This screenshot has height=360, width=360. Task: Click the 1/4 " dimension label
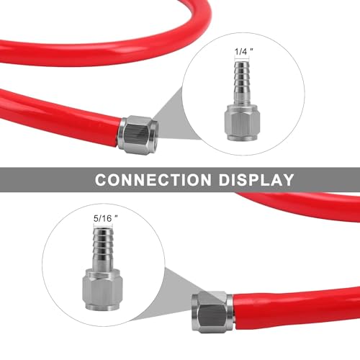[243, 52]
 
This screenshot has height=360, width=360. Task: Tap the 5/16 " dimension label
[106, 218]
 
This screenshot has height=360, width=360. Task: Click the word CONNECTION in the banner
[153, 179]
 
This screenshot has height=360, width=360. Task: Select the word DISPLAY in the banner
[256, 179]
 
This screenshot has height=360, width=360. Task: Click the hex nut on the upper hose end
[138, 135]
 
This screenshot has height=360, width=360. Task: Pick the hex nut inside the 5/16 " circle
[103, 289]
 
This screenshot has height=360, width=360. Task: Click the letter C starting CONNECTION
[101, 179]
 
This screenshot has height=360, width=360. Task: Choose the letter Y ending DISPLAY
[287, 179]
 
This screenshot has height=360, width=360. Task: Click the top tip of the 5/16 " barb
[103, 228]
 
